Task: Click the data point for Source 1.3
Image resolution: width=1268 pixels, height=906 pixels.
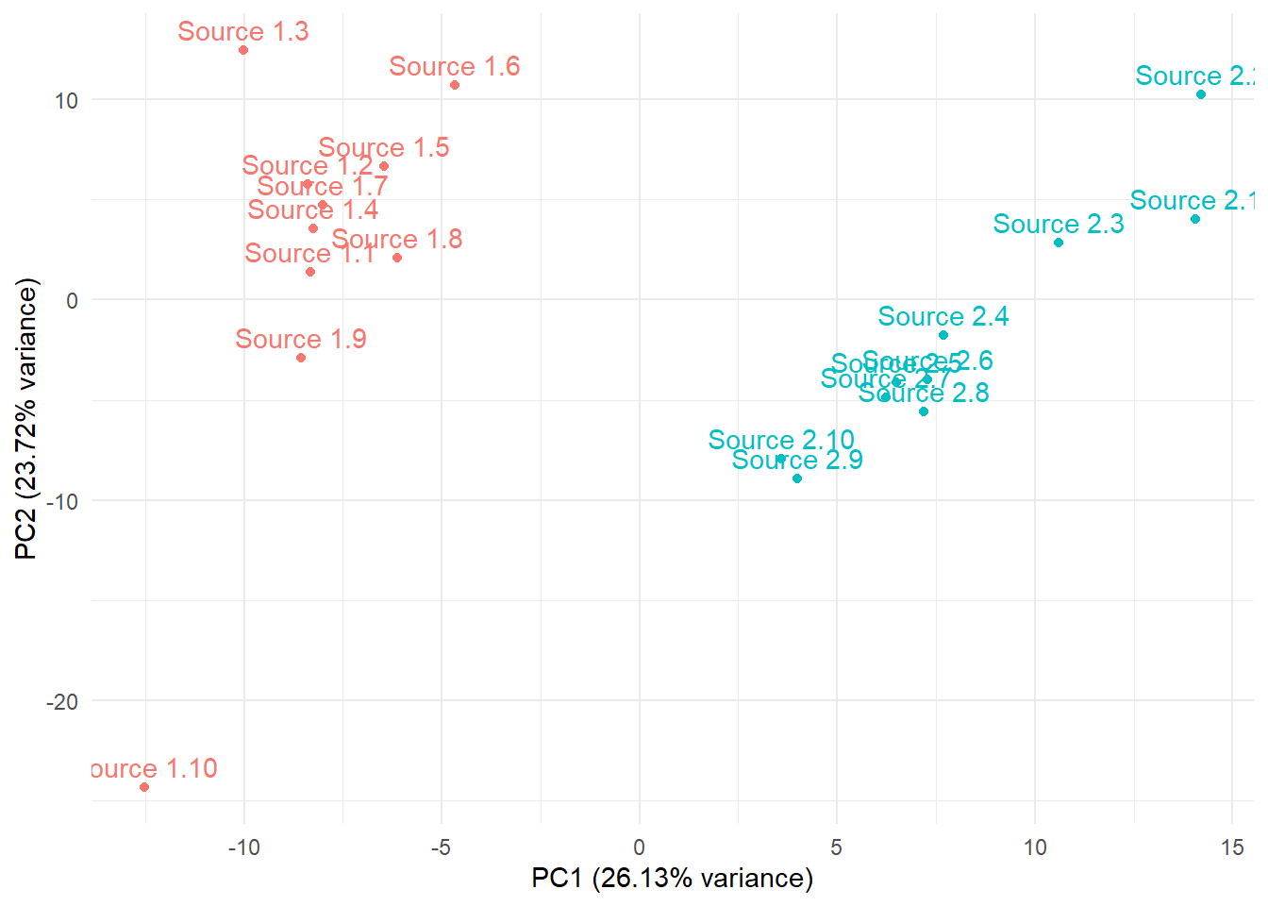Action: [x=243, y=50]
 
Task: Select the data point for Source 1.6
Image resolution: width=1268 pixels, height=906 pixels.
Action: [x=455, y=85]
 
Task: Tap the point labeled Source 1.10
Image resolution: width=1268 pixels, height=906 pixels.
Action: [x=144, y=787]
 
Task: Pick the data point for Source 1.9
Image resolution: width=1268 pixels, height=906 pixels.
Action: [x=301, y=358]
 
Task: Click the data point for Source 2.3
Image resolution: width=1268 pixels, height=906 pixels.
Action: [x=1059, y=243]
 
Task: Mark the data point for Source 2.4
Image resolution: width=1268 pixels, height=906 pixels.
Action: [x=943, y=335]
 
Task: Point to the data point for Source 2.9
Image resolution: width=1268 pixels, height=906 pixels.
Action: [x=797, y=478]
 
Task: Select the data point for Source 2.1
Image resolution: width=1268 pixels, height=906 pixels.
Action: [x=1195, y=219]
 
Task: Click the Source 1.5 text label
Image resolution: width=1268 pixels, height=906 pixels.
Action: [x=384, y=148]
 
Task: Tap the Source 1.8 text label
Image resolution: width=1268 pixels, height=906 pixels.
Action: [x=397, y=240]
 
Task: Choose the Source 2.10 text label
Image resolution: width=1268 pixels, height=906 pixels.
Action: [x=781, y=440]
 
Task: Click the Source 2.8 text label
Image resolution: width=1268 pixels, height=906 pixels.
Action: [x=924, y=393]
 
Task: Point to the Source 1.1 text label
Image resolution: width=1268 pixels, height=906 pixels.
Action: [x=310, y=254]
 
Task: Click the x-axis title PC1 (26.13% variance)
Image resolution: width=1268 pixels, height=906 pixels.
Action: [x=672, y=879]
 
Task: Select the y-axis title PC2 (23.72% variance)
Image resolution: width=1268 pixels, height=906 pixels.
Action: [x=26, y=418]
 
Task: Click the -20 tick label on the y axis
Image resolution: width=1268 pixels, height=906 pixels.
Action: [x=62, y=701]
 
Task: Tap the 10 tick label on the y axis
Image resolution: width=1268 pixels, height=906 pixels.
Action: [x=66, y=100]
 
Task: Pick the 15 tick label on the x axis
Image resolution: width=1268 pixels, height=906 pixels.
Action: [x=1232, y=847]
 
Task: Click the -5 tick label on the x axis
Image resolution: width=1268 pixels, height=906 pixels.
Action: [x=441, y=847]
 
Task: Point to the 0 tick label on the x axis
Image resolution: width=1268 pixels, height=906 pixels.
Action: [x=640, y=847]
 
